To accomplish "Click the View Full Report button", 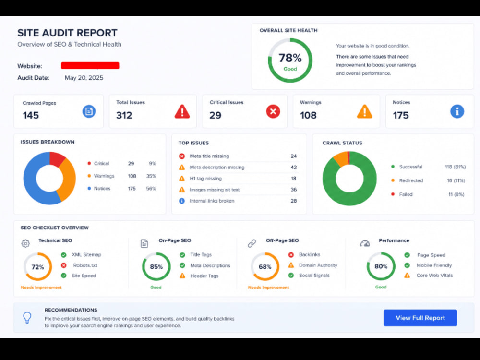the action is (420, 318).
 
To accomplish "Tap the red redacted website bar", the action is (90, 65).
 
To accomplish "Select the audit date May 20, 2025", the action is (84, 78).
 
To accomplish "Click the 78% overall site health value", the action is (290, 58).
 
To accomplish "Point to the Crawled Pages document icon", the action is (89, 111).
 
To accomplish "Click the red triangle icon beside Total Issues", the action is (182, 111).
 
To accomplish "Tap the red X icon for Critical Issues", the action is (273, 111).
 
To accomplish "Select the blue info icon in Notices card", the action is (457, 111).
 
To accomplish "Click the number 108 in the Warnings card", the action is (308, 115).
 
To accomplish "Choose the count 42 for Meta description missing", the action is (294, 167).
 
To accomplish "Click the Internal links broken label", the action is (212, 201).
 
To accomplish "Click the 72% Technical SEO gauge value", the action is (37, 267).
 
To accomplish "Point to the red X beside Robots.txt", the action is (64, 265).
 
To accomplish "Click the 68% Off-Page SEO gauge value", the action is (265, 266).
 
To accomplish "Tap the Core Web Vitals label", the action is (434, 275).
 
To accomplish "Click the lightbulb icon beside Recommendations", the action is (27, 318).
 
